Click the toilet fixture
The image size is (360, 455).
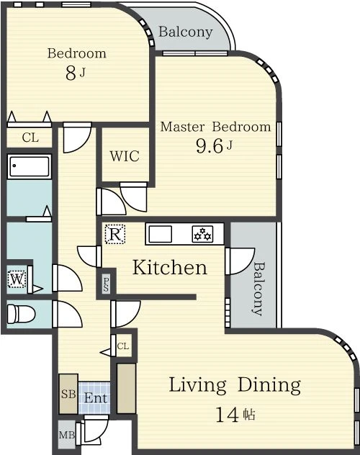coord(21,314)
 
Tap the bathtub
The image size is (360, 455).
coord(30,166)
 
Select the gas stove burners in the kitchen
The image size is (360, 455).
coord(202,234)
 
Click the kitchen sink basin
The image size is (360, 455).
coord(160,234)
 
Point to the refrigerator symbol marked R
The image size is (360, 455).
coord(115,234)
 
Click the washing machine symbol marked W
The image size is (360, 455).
coord(17,279)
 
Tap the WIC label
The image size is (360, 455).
coord(125,156)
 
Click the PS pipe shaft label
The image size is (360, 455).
coord(106,284)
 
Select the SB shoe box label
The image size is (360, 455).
coord(68,394)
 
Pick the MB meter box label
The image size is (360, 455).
coord(67,435)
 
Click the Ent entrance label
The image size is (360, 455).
coord(96,398)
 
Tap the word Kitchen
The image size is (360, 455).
coord(170,267)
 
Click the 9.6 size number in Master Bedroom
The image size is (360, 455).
coord(209,145)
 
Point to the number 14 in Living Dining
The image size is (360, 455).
coord(227,415)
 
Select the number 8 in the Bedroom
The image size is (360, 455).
coord(71,73)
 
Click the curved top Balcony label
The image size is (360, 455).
coord(186,32)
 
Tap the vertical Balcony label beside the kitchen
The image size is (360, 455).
coord(258,289)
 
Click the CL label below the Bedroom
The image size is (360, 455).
coord(30,138)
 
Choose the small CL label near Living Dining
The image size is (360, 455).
coord(123,346)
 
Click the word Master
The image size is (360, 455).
coord(182,127)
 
